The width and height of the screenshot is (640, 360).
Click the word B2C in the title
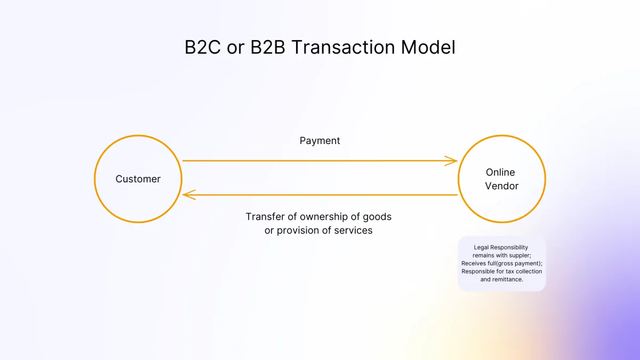203,47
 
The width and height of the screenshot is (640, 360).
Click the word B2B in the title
268,47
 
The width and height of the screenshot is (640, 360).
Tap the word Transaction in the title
343,47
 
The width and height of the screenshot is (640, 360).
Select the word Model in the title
428,47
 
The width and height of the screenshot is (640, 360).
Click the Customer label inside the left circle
138,179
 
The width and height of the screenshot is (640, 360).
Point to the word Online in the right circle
500,172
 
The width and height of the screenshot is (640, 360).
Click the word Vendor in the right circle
502,186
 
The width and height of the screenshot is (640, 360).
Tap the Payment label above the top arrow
319,141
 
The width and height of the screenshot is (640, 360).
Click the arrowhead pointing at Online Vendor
451,161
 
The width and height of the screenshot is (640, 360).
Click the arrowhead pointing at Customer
189,195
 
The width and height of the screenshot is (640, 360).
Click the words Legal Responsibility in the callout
501,247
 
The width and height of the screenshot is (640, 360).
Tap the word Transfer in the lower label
266,217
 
